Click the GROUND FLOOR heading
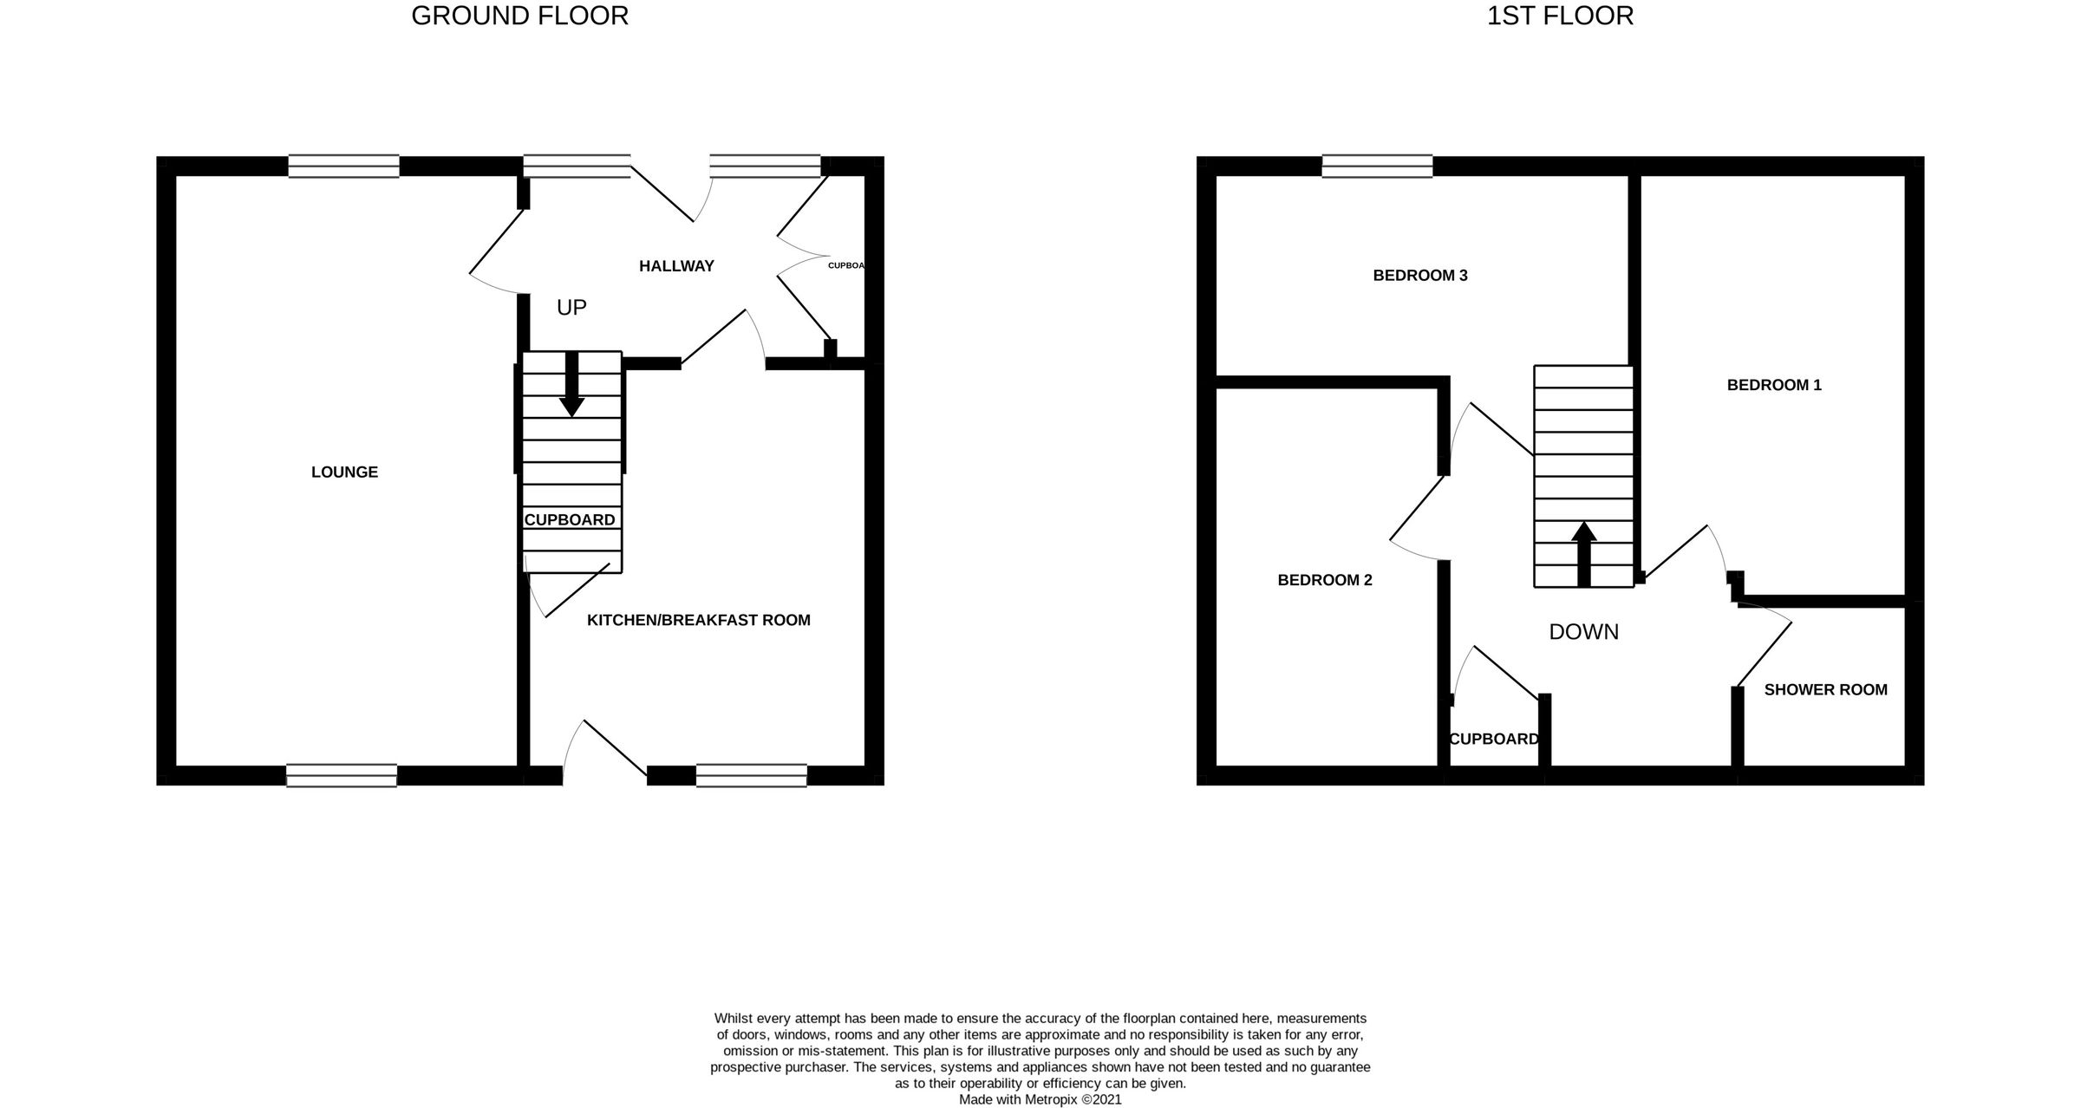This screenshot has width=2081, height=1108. [519, 16]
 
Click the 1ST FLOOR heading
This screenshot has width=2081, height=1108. [1560, 16]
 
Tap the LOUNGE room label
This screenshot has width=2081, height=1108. [344, 473]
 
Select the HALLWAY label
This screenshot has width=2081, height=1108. [676, 266]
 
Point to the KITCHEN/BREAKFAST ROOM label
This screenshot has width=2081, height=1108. [698, 621]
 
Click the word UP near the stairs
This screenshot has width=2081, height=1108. [571, 307]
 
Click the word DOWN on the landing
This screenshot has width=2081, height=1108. [1583, 632]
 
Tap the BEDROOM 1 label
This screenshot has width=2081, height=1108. [1774, 385]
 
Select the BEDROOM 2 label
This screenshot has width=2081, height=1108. [1325, 580]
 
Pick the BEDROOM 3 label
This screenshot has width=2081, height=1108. [1420, 276]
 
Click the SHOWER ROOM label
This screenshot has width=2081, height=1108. [1825, 690]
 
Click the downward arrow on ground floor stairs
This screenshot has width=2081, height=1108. [571, 386]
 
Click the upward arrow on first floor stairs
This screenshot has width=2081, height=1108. [1584, 555]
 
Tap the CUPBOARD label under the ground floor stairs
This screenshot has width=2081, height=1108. [570, 520]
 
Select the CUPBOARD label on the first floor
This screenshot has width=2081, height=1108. [1494, 740]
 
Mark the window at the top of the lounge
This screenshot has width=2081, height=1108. [343, 166]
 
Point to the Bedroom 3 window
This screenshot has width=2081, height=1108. [1377, 166]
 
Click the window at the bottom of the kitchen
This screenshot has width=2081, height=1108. [751, 775]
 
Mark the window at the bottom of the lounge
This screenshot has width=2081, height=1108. [342, 775]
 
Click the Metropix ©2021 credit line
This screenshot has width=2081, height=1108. [1040, 1099]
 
